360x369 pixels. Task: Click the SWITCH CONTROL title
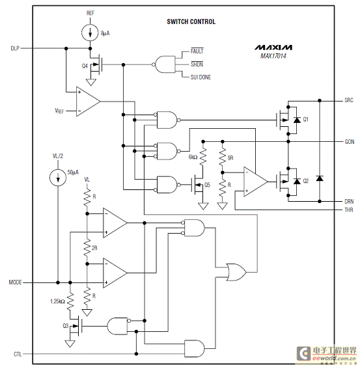(x=191, y=21)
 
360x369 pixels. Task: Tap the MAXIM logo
(x=273, y=48)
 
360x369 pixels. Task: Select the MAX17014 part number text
(x=273, y=56)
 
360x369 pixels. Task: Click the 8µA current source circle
(x=90, y=33)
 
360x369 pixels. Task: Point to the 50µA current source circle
(x=58, y=178)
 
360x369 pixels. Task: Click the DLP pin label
(x=15, y=48)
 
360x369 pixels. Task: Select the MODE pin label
(x=15, y=282)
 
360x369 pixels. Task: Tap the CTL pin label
(x=18, y=354)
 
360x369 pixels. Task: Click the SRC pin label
(x=349, y=100)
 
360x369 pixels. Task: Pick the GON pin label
(x=350, y=142)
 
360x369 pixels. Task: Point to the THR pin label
(x=349, y=210)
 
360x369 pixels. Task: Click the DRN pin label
(x=349, y=202)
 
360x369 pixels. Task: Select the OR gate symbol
(x=236, y=272)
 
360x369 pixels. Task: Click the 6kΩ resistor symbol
(x=203, y=156)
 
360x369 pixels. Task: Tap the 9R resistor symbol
(x=223, y=157)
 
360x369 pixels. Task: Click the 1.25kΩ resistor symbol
(x=70, y=301)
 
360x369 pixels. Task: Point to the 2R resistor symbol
(x=87, y=247)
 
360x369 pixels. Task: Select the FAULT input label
(x=197, y=51)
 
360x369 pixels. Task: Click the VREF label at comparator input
(x=59, y=111)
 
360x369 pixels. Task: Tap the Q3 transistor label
(x=66, y=326)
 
